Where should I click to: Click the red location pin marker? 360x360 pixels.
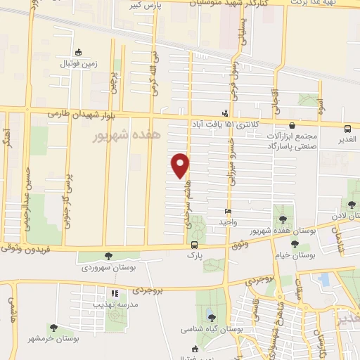tap(181, 165)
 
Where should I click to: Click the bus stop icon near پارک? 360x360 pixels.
tap(193, 245)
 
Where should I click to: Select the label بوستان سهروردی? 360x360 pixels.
tap(106, 267)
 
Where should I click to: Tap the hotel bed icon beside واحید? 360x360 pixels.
tap(227, 212)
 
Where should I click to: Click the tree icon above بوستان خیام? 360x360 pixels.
tap(294, 244)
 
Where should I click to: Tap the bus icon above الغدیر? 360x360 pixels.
tap(347, 129)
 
